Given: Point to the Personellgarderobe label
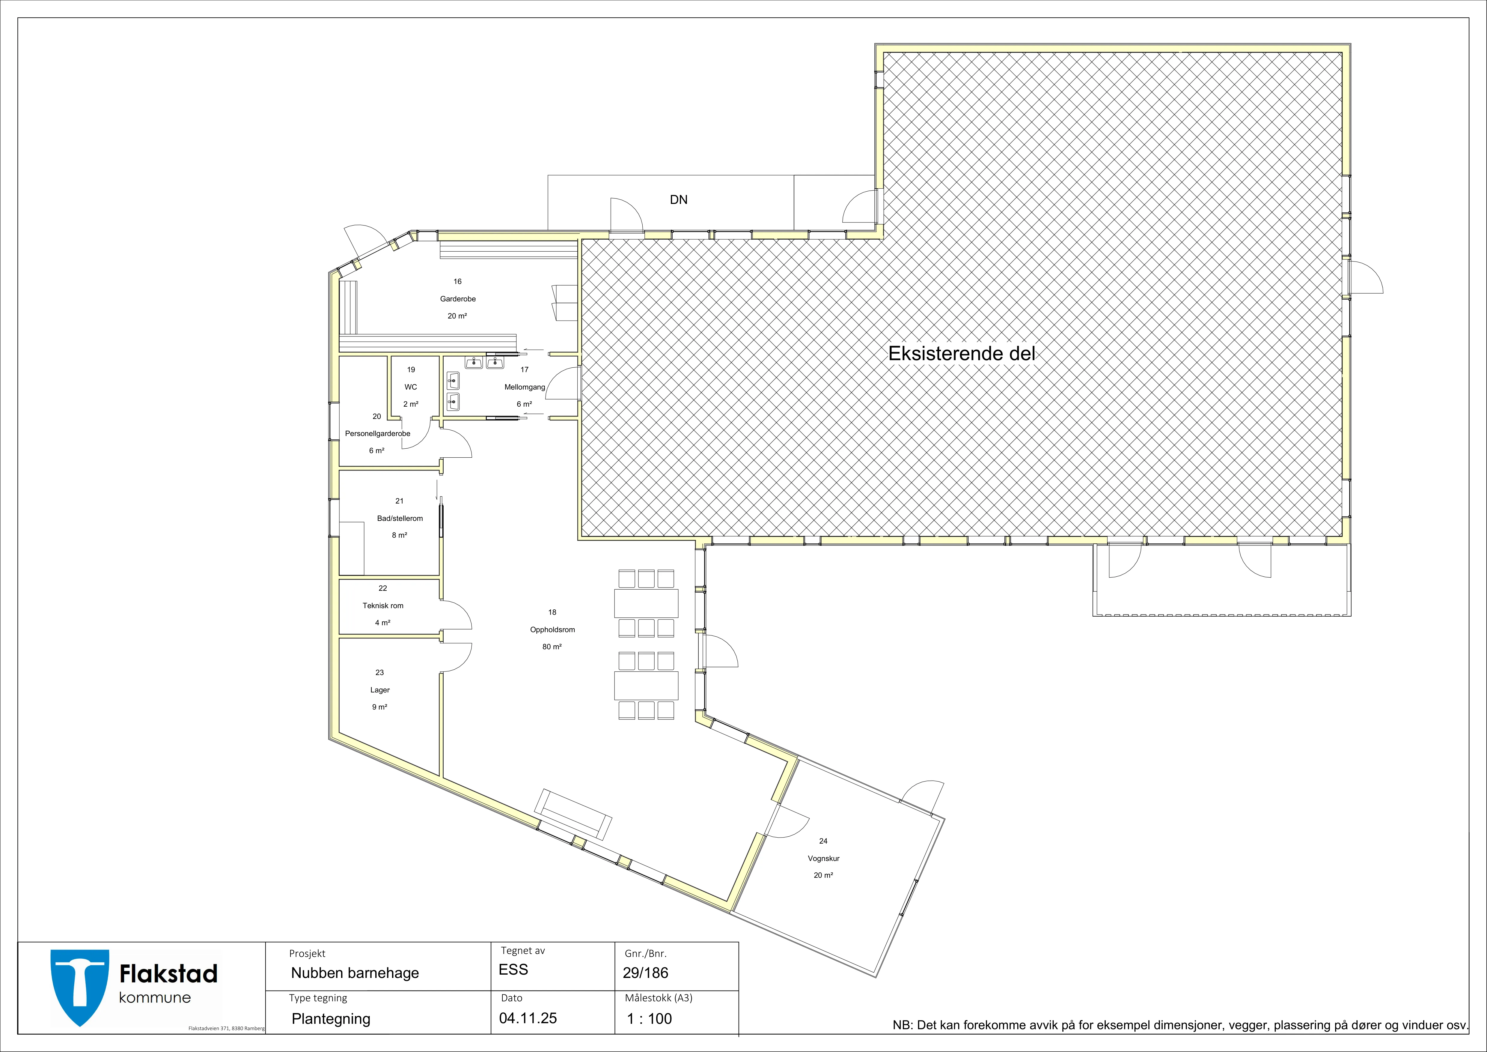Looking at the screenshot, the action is (378, 433).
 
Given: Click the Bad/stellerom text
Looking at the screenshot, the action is (400, 518).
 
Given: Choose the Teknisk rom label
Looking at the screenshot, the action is (383, 606).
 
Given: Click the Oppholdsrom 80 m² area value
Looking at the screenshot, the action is (552, 647).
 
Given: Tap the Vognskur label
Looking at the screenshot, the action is (823, 858).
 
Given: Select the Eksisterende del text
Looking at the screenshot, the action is (962, 354).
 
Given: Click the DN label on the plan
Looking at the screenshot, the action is (679, 199).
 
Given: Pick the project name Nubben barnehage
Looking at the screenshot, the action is (355, 973).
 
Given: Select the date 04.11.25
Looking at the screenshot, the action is (528, 1018).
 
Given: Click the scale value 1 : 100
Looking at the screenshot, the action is (650, 1019).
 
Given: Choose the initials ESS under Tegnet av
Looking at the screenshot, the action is (513, 970).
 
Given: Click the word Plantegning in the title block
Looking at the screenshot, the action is (331, 1019).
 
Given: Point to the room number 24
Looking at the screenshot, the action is (823, 841).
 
